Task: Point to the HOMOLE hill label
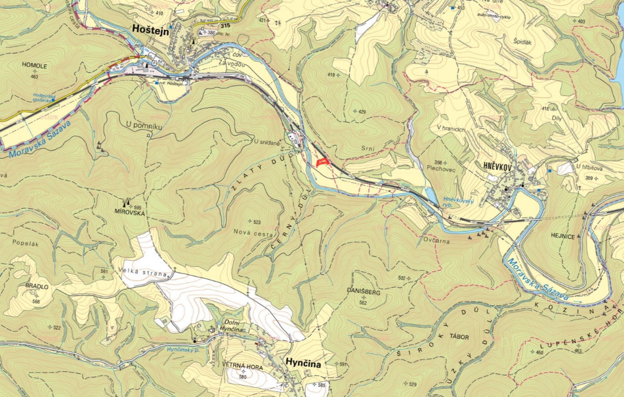point(34,66)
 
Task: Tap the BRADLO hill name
point(36,287)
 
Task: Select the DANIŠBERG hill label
point(364,292)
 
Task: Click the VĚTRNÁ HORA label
point(243,368)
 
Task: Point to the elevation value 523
point(256,222)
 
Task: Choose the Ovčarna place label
point(436,241)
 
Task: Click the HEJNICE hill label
point(563,236)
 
